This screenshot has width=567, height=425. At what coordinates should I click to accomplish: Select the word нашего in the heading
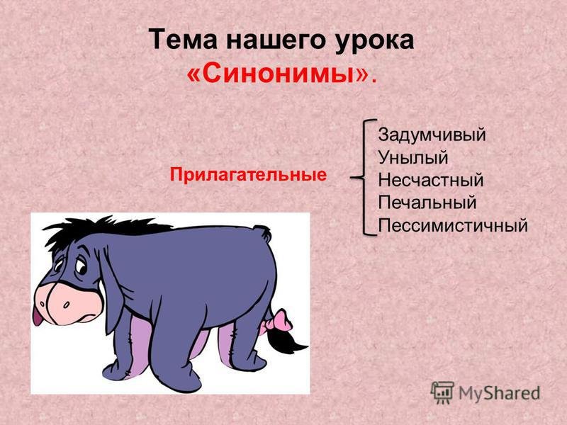[x=276, y=41]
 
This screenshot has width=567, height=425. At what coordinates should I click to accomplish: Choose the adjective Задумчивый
[x=432, y=135]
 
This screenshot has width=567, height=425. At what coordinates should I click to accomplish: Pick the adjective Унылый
[x=413, y=157]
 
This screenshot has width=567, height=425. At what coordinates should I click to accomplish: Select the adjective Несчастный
[x=431, y=180]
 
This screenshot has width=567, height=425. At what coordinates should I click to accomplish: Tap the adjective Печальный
[x=427, y=203]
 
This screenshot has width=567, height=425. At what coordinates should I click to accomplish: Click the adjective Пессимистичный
[x=453, y=225]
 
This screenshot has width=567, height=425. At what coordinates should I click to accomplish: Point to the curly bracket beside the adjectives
[x=364, y=178]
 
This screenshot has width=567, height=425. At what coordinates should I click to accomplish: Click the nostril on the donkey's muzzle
[x=66, y=305]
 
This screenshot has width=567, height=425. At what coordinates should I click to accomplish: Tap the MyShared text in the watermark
[x=499, y=393]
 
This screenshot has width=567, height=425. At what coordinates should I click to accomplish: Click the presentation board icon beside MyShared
[x=442, y=392]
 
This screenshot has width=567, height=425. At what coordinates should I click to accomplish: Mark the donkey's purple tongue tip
[x=37, y=318]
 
